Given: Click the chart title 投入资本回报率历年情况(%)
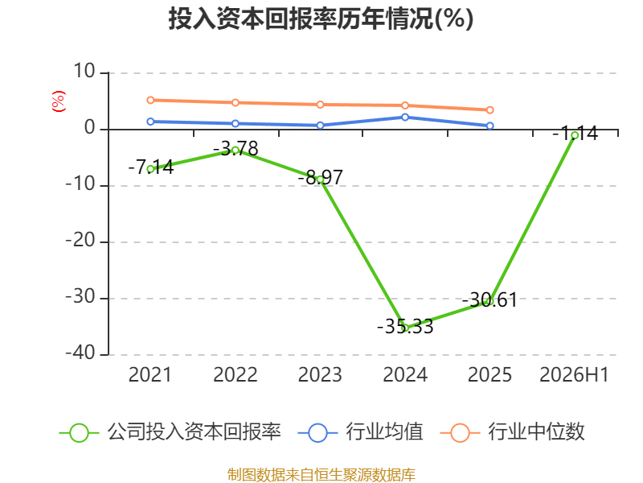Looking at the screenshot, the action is (x=321, y=19).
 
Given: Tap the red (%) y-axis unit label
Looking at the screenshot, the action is (x=58, y=101).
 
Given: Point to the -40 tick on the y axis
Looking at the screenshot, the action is (x=80, y=353).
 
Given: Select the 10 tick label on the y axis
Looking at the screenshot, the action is (x=84, y=72).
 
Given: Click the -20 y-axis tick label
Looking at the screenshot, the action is (x=80, y=241).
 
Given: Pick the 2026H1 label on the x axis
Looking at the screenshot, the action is (x=574, y=374).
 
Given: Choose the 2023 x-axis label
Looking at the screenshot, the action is (x=320, y=374).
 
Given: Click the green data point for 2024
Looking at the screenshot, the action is (x=405, y=328).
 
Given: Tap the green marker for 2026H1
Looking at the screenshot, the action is (x=575, y=135).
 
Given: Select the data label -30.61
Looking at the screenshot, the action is (x=489, y=299).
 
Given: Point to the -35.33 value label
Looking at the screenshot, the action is (x=405, y=327).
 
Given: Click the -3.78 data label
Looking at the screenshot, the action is (x=235, y=148).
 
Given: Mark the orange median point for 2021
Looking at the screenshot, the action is (x=150, y=100).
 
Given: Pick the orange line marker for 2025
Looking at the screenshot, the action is (x=489, y=110).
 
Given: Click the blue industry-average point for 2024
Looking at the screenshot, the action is (x=405, y=118).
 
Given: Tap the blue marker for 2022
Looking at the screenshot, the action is (x=235, y=124).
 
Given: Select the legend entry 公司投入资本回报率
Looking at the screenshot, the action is (x=170, y=432).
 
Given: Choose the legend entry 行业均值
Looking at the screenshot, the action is (x=360, y=432).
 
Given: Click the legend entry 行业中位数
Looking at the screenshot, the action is (x=512, y=432).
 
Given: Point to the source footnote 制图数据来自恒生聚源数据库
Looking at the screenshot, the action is (x=321, y=475).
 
